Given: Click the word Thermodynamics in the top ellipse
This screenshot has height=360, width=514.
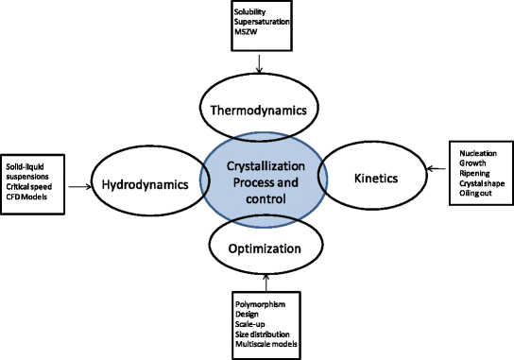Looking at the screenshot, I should [x=259, y=110].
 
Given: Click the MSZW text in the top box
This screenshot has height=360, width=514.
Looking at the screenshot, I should [x=246, y=32].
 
